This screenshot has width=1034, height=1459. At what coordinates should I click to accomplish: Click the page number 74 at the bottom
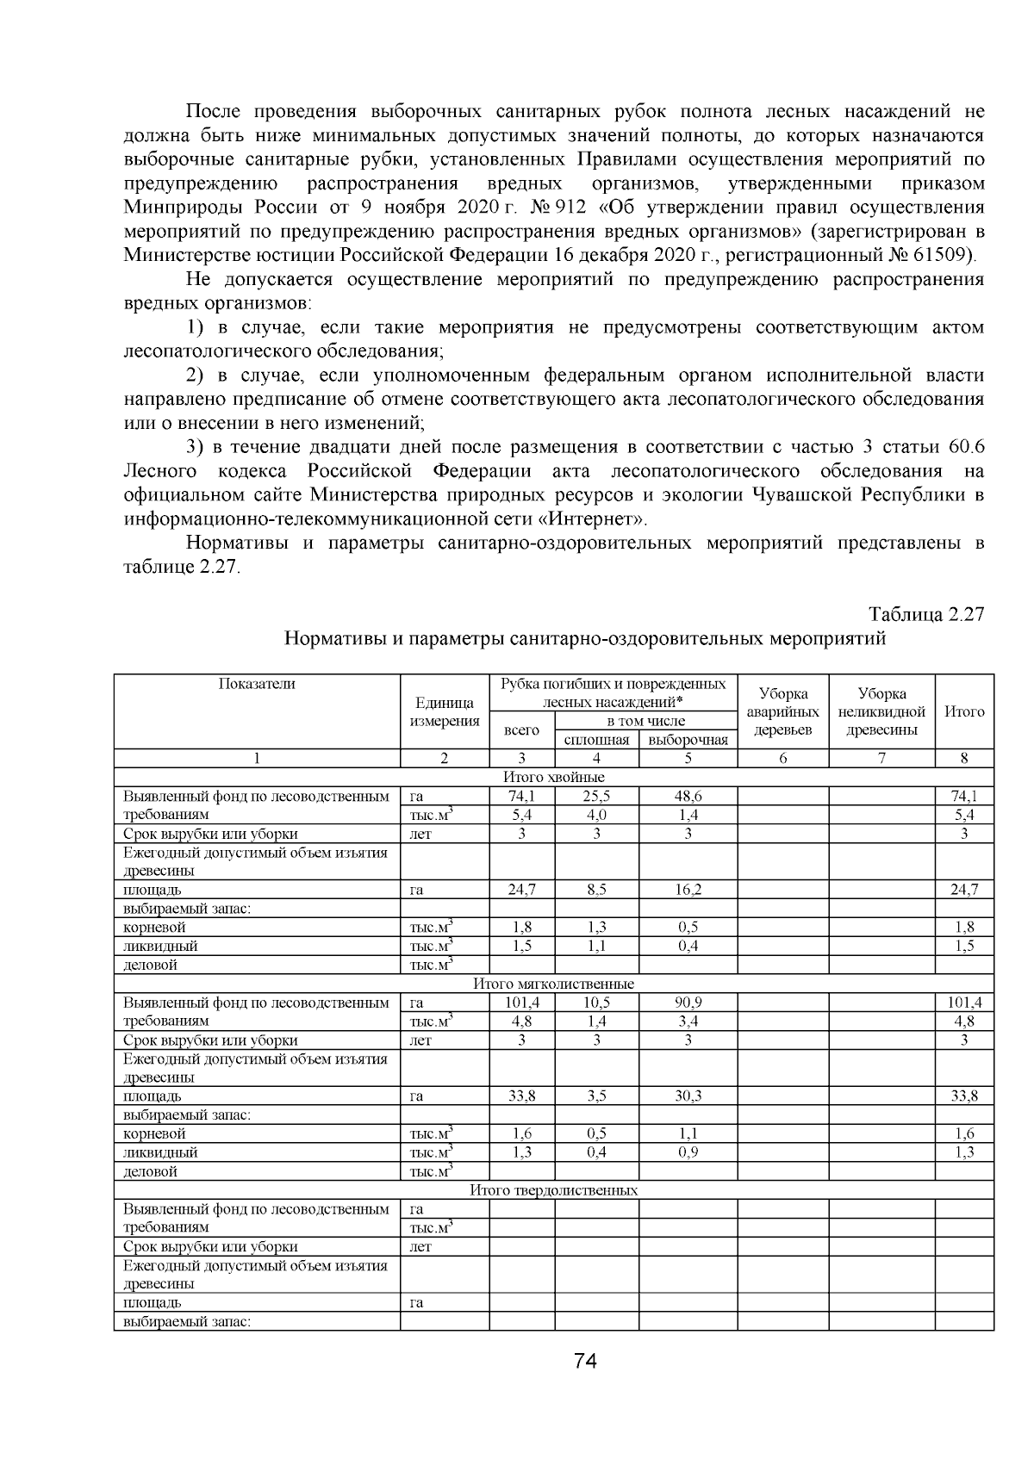coord(585,1362)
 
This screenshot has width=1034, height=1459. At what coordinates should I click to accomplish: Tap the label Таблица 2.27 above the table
coord(926,614)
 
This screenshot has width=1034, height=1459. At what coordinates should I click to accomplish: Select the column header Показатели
coord(257,684)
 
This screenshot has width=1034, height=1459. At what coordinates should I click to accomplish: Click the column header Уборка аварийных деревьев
coord(782,711)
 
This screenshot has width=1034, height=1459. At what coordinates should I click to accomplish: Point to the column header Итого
coord(964,711)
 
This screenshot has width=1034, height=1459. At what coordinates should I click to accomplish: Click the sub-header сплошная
coord(596,740)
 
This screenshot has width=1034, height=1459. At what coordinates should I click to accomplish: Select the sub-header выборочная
coord(688,740)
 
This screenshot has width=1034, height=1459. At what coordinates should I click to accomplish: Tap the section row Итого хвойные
coord(553,777)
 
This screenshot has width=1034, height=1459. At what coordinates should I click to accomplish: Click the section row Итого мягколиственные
coord(553,984)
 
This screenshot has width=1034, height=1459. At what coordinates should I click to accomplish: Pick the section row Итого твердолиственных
coord(553,1190)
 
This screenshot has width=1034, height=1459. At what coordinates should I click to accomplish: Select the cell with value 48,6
coord(688,796)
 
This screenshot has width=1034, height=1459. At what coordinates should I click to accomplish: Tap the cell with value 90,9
coord(688,1003)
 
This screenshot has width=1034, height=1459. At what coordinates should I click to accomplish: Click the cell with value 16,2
coord(688,890)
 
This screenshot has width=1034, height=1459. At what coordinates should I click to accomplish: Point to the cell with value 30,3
coord(688,1096)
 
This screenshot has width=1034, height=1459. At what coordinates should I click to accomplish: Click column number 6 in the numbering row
coord(782,759)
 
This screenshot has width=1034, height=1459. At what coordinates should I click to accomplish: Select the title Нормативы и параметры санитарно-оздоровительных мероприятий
coord(585,639)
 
